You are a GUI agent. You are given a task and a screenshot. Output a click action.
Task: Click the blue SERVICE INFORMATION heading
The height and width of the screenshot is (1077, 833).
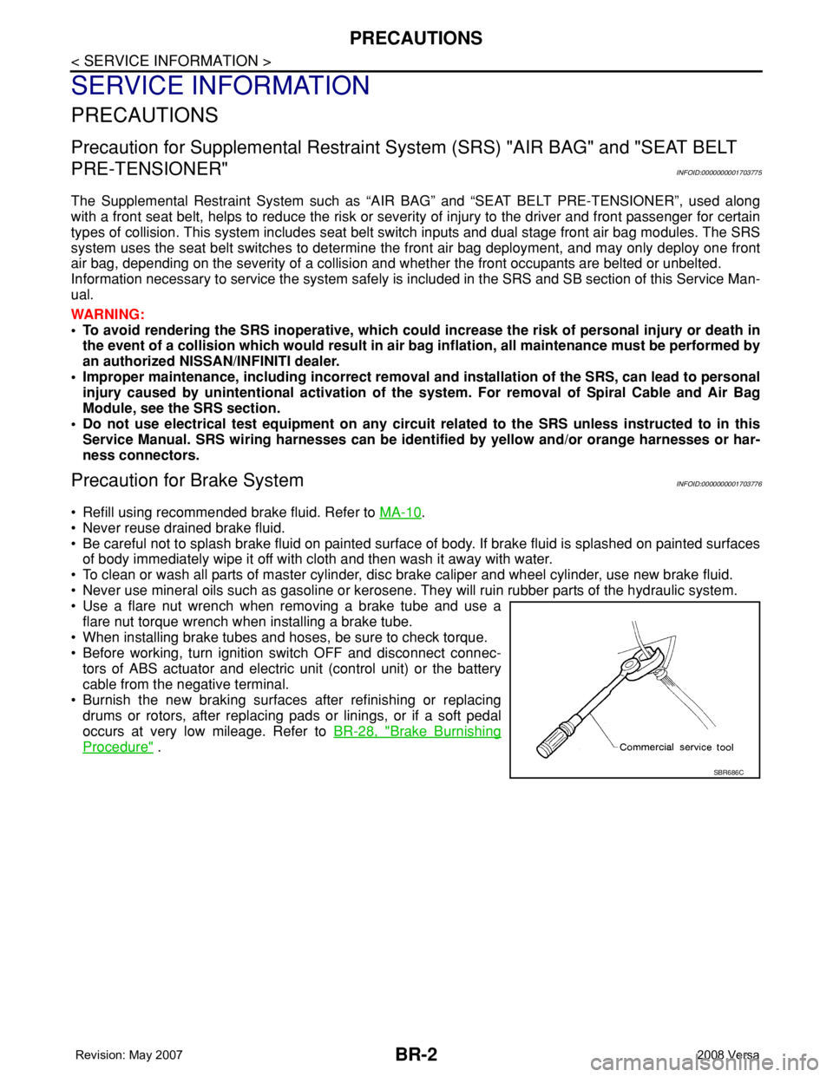tap(220, 86)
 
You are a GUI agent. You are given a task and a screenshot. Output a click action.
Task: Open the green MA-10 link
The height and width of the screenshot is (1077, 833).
tap(401, 512)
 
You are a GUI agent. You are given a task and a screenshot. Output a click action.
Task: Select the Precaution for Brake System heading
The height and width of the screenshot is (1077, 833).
tap(187, 480)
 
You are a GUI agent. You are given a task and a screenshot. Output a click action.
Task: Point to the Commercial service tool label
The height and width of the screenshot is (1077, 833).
tap(676, 747)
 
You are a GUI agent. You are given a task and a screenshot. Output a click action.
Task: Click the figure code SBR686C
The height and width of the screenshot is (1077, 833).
tap(729, 772)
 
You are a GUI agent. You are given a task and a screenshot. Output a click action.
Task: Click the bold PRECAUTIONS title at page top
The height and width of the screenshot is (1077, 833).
tap(416, 38)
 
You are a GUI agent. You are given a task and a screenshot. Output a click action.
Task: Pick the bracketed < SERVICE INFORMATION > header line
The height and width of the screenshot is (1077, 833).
tap(171, 61)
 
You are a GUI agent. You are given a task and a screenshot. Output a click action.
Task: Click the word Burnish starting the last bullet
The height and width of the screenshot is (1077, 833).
tap(105, 701)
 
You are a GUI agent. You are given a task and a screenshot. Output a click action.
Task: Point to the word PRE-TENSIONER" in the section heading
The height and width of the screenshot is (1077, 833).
tap(150, 169)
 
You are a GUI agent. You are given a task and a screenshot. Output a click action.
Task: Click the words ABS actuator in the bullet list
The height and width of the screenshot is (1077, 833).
tap(149, 669)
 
